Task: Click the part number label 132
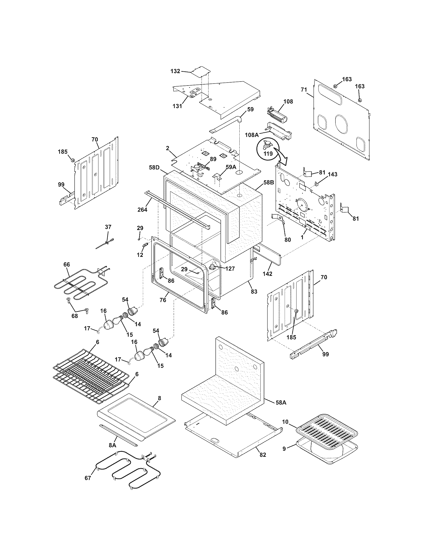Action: tap(175, 71)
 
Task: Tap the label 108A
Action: tap(252, 135)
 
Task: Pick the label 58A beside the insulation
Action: tap(281, 403)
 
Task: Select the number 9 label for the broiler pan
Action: tap(284, 449)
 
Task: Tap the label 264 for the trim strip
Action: tap(142, 210)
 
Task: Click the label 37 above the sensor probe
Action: tap(108, 227)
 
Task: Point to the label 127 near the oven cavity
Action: tap(230, 269)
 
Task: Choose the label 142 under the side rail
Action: tap(267, 274)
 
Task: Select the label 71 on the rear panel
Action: tap(304, 90)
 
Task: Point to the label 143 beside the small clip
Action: tap(332, 174)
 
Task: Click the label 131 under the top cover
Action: tap(177, 106)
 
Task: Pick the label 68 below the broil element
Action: tap(75, 316)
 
